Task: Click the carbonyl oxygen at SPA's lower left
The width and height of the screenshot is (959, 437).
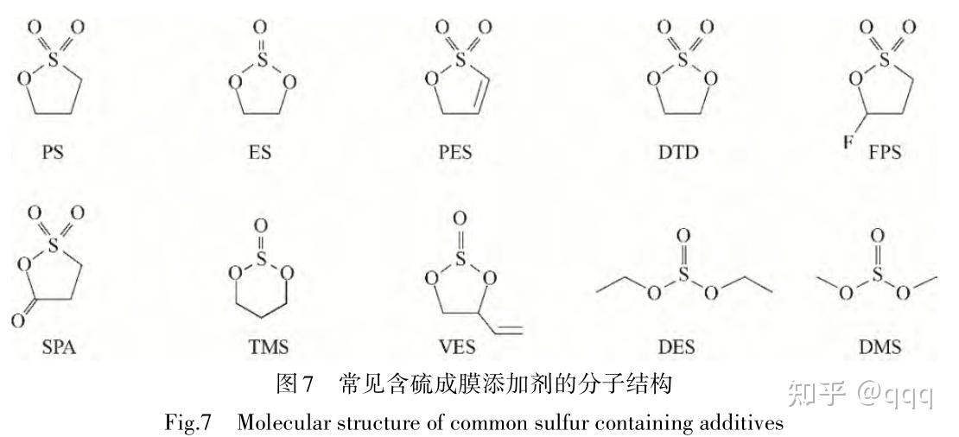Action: point(17,321)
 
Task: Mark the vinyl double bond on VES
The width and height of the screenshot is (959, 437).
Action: point(507,326)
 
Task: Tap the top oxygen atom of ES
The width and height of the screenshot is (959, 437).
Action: point(262,27)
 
